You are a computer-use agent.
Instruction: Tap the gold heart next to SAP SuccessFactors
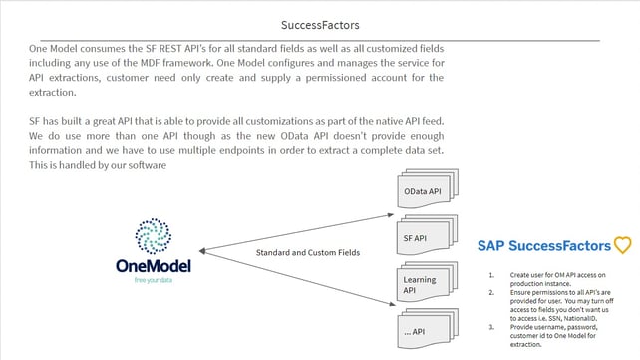click(623, 244)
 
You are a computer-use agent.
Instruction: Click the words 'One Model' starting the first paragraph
click(52, 48)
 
